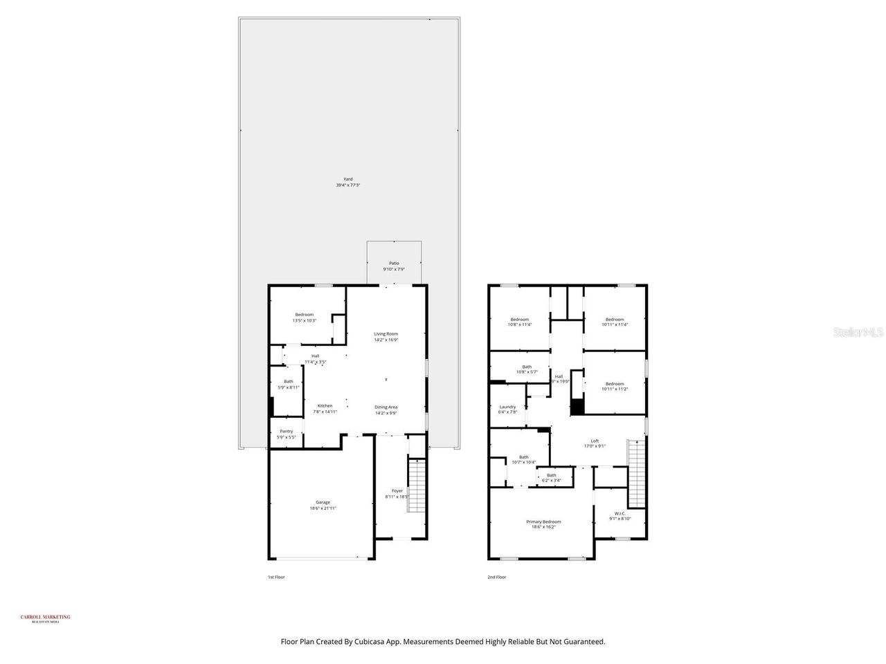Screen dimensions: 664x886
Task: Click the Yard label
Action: tap(348, 182)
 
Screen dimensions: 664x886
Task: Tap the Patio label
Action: tap(394, 266)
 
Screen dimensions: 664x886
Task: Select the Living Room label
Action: tap(386, 337)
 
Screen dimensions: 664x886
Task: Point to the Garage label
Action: tap(323, 505)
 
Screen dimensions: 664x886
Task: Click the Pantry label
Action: tap(286, 434)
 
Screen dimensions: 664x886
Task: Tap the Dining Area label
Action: tap(386, 409)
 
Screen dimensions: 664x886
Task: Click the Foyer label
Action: tap(397, 493)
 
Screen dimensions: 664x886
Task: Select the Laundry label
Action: tap(507, 409)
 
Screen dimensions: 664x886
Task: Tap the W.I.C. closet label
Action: tap(620, 515)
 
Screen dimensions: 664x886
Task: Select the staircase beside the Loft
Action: tap(636, 474)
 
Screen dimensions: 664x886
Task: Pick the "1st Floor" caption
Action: tap(276, 577)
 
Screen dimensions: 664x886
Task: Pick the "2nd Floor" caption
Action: tap(497, 577)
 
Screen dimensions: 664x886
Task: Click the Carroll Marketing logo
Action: tap(46, 618)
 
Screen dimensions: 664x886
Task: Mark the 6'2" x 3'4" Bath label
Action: tap(552, 477)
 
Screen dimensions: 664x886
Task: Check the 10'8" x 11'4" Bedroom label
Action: tap(519, 322)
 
